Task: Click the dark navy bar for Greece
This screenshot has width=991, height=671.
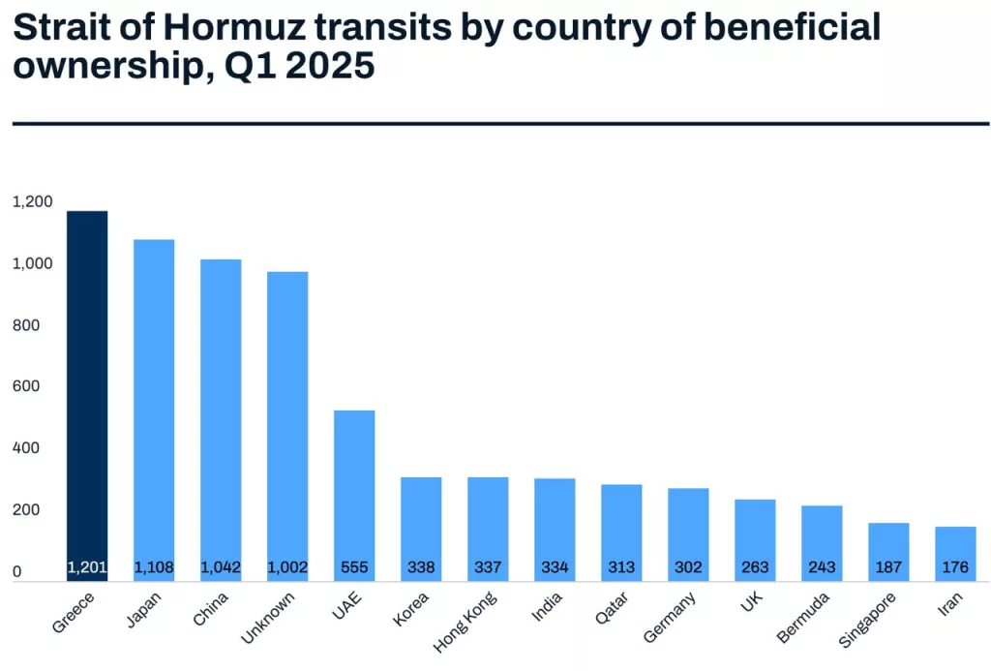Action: click(87, 387)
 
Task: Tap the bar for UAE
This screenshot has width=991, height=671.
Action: click(354, 484)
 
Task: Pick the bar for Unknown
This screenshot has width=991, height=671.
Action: click(287, 416)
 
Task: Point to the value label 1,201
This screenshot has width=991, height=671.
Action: click(87, 567)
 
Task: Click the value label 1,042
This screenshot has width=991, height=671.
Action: click(221, 567)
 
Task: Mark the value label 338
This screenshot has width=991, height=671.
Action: click(421, 567)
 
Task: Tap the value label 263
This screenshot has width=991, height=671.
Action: click(755, 567)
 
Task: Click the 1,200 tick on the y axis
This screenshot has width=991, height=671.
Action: click(32, 201)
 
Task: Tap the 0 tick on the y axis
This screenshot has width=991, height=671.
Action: click(16, 572)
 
